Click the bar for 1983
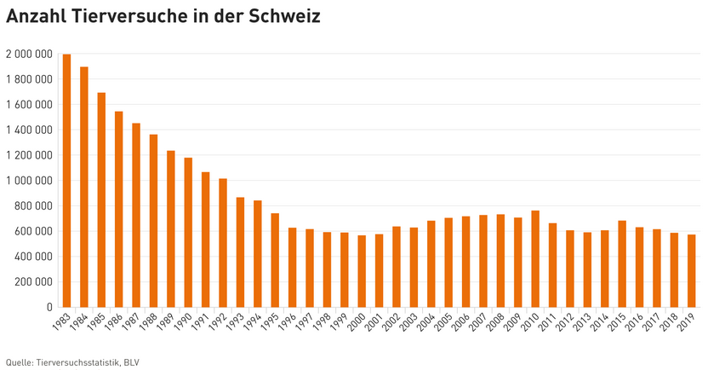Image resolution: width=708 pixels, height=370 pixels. [67, 181]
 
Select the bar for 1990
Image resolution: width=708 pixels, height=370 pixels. [188, 232]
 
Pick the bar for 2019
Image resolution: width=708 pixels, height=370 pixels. [692, 270]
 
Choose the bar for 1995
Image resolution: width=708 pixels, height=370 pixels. [275, 260]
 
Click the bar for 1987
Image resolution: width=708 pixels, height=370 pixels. [136, 215]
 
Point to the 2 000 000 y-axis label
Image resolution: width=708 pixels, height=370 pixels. [29, 55]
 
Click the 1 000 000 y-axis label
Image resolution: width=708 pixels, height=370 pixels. [29, 181]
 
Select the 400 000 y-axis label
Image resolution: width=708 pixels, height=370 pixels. [34, 257]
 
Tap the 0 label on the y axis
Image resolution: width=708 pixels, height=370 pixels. [49, 307]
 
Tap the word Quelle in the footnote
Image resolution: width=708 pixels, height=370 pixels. [20, 361]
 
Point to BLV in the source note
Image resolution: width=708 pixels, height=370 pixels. [131, 361]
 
